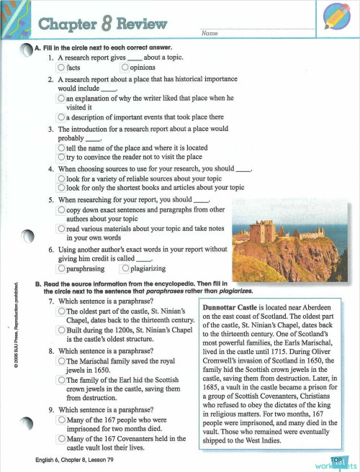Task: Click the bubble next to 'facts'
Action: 61,68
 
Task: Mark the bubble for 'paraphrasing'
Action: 61,269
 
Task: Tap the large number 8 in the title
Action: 107,25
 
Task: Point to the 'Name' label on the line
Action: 210,34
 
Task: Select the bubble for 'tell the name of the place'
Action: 61,147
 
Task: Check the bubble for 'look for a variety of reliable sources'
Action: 61,178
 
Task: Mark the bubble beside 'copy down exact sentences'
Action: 61,209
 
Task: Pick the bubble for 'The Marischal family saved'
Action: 61,360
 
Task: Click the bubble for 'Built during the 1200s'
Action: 61,330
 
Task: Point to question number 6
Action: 51,250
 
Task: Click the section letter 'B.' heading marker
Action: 38,284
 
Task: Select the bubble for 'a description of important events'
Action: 61,117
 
